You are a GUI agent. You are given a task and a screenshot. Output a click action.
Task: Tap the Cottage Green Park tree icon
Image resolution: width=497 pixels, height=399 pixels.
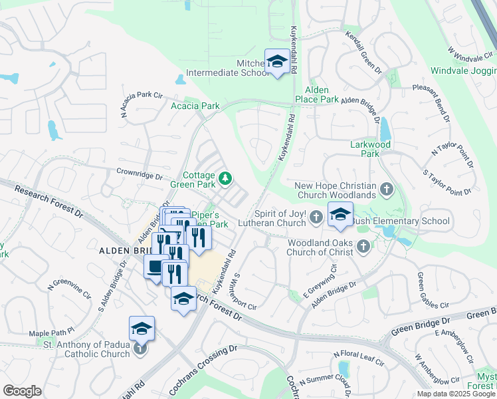coord(227,178)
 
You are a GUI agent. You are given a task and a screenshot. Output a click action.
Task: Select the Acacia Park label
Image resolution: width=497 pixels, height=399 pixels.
coord(195,106)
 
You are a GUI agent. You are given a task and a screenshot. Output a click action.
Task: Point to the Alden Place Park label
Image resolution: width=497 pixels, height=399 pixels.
coord(322,94)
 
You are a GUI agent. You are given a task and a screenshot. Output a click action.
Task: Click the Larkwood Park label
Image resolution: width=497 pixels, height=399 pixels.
coord(364,148)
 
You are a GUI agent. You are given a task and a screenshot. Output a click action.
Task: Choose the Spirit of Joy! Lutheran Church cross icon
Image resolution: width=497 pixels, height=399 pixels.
coord(316,215)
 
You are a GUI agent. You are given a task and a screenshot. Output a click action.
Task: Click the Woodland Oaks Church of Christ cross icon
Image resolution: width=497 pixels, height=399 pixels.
coord(363,247)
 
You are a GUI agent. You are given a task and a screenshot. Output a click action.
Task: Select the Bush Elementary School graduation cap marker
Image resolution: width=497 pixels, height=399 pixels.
coord(340,215)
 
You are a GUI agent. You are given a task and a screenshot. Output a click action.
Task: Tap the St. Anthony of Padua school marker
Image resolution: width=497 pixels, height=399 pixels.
coord(141,328)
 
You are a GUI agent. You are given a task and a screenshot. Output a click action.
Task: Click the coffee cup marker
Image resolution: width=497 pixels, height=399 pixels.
coord(156,267)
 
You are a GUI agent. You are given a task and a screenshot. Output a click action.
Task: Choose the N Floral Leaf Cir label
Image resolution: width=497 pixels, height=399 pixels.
coord(359,358)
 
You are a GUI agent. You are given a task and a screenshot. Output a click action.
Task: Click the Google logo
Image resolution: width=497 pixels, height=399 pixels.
coord(23,390)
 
